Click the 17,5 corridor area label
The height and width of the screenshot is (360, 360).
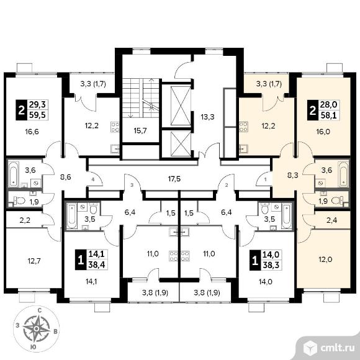[x=174, y=179]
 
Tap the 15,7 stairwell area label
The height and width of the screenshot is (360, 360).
[x=140, y=131]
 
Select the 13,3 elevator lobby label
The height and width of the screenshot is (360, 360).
[x=207, y=117]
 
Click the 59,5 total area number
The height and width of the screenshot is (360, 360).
[x=37, y=115]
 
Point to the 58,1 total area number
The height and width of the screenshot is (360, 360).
[x=329, y=115]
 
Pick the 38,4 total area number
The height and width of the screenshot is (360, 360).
[x=96, y=264]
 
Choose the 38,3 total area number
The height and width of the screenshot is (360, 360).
[x=271, y=264]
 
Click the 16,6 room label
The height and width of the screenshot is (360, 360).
[x=32, y=132]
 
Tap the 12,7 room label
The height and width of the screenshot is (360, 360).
[x=34, y=261]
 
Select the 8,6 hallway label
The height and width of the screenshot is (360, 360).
[x=65, y=177]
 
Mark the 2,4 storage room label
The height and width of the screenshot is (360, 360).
[x=331, y=220]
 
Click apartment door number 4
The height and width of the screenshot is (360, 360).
[x=92, y=180]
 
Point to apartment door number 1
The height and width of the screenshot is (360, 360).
[x=266, y=180]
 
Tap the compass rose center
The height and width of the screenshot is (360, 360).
[x=36, y=328]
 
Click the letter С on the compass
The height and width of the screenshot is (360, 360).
[x=40, y=311]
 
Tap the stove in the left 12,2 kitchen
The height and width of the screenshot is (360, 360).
[x=115, y=127]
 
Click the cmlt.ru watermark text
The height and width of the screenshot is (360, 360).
[x=337, y=348]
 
